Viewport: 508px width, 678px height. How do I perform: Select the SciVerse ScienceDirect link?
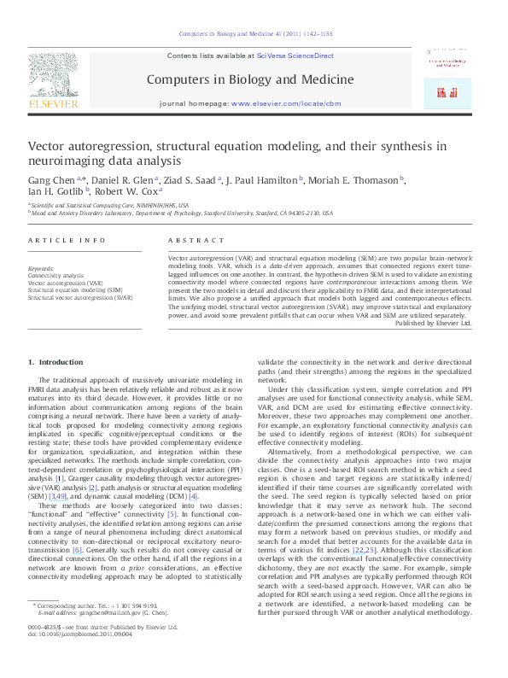tap(289, 56)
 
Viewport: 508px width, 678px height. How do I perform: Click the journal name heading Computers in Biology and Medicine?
tap(250, 79)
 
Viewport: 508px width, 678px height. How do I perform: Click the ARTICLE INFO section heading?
tap(62, 242)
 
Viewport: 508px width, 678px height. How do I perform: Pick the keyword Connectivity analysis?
tap(56, 276)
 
